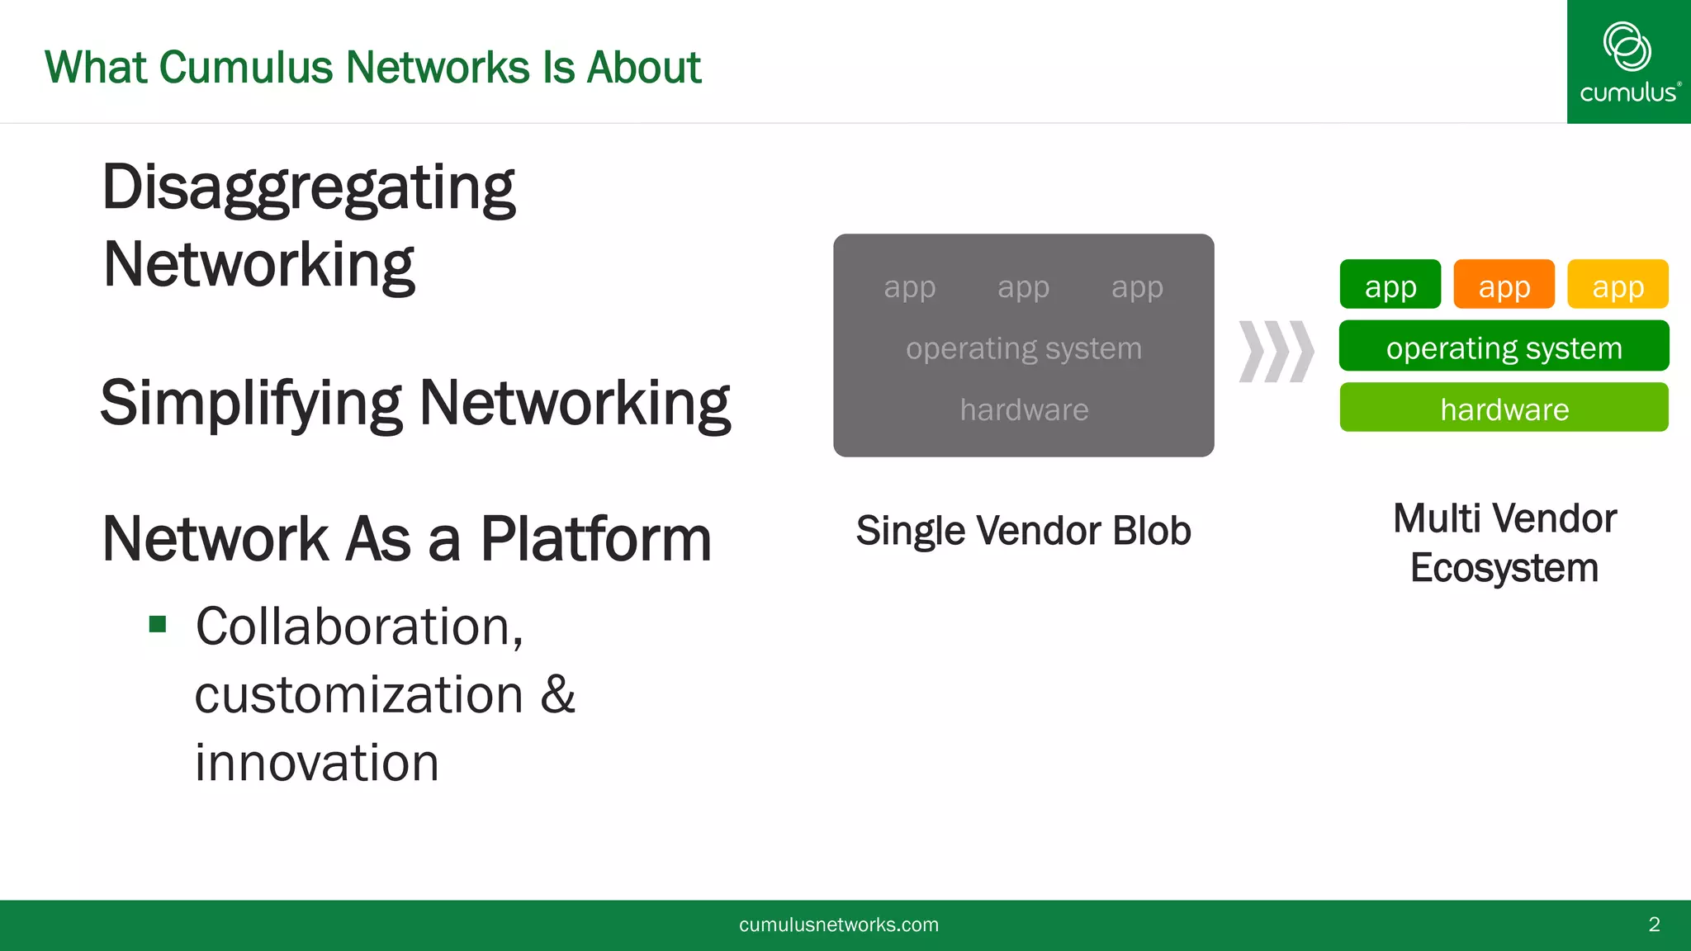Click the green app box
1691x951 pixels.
coord(1390,285)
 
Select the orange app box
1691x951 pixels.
coord(1504,285)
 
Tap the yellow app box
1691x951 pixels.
coord(1618,285)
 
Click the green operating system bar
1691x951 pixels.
coord(1504,347)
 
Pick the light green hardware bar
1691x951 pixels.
coord(1504,408)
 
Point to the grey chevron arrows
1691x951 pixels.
coord(1277,352)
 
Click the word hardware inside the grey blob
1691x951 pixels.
coord(1024,410)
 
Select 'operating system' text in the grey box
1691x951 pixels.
coord(1024,348)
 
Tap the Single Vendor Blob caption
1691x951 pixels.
coord(1024,531)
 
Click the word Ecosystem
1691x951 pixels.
coord(1504,569)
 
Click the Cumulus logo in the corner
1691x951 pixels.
coord(1628,62)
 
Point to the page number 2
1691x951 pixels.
coord(1654,925)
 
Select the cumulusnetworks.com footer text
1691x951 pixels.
coord(839,925)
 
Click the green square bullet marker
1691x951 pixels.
coord(158,624)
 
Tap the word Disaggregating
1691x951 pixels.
coord(309,188)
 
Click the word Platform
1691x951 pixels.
coord(595,539)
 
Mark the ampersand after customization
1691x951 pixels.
coord(558,694)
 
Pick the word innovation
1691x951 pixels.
coord(317,763)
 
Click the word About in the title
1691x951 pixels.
coord(643,68)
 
